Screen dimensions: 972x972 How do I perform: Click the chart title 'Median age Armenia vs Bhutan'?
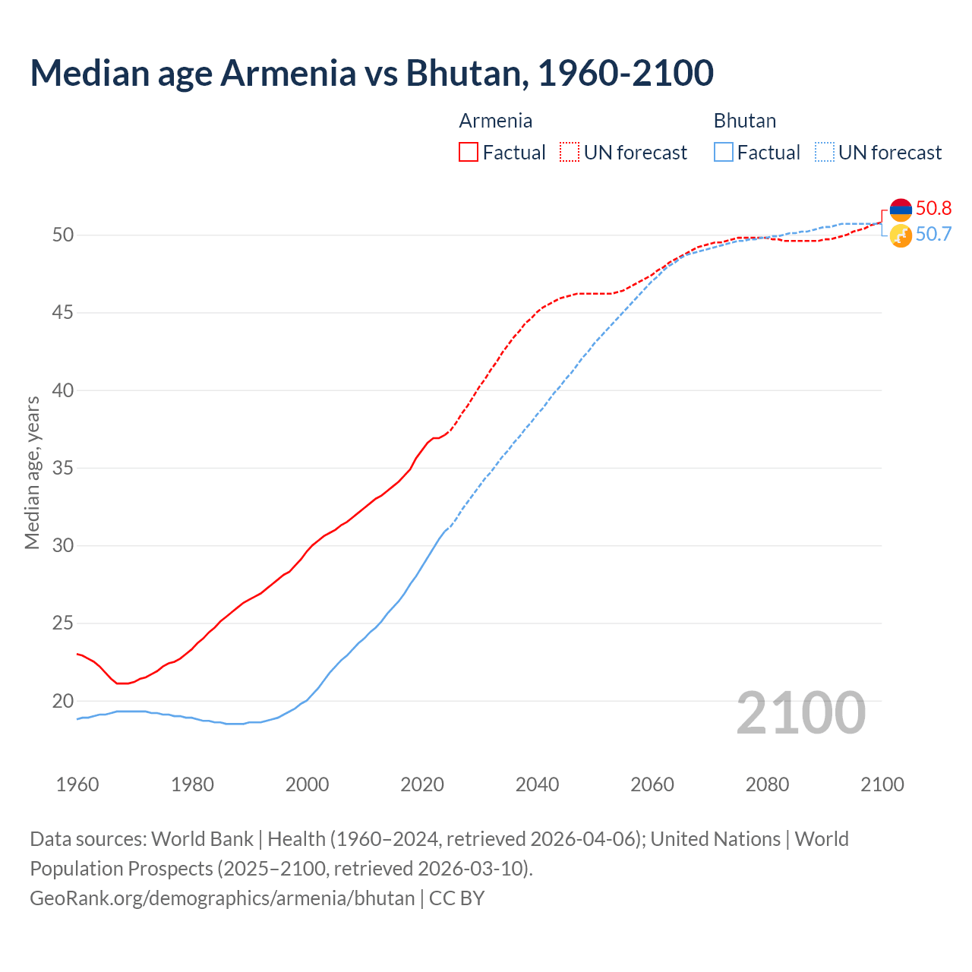tap(371, 73)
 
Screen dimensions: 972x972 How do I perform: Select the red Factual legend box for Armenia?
tap(469, 152)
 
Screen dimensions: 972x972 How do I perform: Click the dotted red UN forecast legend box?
tap(570, 152)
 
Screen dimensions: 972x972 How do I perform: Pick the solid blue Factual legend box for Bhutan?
tap(724, 152)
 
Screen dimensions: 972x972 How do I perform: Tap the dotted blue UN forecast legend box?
tap(825, 152)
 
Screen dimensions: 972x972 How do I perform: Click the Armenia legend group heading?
tap(495, 121)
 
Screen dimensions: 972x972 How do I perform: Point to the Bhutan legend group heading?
tap(744, 121)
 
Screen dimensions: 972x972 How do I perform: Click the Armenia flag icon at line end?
tap(901, 210)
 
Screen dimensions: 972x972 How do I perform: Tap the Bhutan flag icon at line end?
tap(901, 235)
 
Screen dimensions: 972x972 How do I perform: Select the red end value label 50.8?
tap(933, 208)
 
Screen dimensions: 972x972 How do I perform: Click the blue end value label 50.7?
tap(933, 234)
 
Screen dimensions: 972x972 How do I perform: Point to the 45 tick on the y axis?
tap(63, 312)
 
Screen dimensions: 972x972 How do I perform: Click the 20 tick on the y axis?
tap(63, 701)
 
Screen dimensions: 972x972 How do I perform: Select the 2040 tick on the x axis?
tap(537, 784)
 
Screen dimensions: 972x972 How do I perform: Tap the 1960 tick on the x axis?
tap(77, 784)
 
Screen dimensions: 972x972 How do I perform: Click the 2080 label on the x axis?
tap(767, 784)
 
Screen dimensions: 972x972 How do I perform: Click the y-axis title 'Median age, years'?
tap(32, 472)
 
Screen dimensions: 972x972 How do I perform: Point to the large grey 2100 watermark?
tap(800, 712)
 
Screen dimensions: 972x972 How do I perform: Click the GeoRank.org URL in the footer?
tap(222, 898)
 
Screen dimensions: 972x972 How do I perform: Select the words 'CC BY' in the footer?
tap(456, 898)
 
